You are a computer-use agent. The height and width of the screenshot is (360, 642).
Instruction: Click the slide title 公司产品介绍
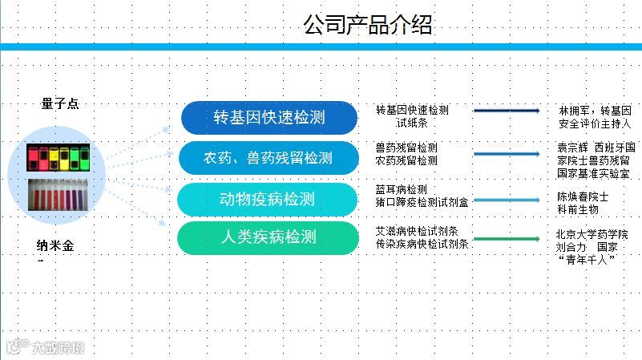367,25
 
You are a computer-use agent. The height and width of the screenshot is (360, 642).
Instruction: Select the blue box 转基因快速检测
269,117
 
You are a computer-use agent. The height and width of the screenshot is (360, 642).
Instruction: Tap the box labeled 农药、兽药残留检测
268,158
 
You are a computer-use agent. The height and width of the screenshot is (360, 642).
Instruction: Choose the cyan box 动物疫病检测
268,199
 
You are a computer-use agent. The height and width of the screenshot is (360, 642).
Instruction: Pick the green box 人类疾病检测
268,238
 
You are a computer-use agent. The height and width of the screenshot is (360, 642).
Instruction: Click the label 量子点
60,103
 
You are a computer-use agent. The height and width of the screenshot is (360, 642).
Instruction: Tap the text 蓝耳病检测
401,189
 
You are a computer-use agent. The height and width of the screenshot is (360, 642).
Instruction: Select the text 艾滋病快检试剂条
417,231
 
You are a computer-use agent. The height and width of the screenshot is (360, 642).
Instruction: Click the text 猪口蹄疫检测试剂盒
422,202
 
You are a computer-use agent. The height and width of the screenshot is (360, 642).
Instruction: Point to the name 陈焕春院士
583,196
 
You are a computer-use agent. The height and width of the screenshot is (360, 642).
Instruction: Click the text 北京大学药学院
592,234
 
